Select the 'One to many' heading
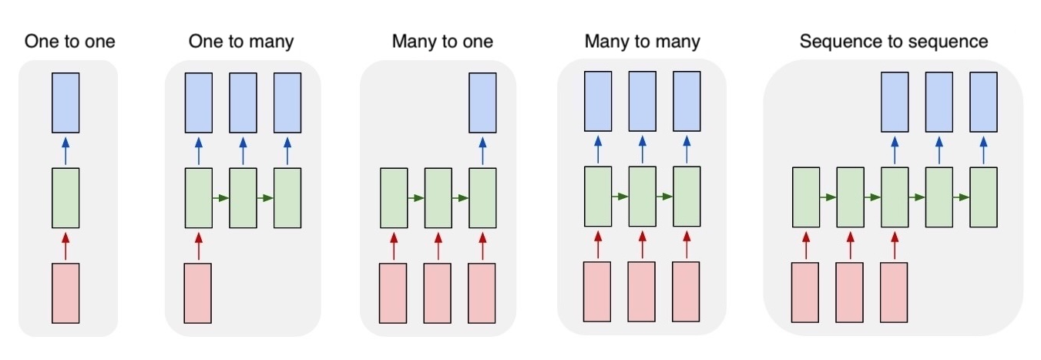click(241, 42)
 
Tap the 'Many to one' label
click(442, 42)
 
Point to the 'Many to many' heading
click(642, 42)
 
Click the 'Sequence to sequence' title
click(893, 42)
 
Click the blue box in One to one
click(65, 102)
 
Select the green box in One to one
click(65, 197)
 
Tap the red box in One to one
click(65, 293)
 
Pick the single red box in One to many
click(198, 293)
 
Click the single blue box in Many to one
click(483, 102)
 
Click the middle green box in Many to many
click(642, 197)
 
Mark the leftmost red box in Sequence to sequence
click(806, 292)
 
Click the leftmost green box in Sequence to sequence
click(806, 197)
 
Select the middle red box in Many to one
click(438, 293)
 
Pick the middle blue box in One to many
click(243, 102)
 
